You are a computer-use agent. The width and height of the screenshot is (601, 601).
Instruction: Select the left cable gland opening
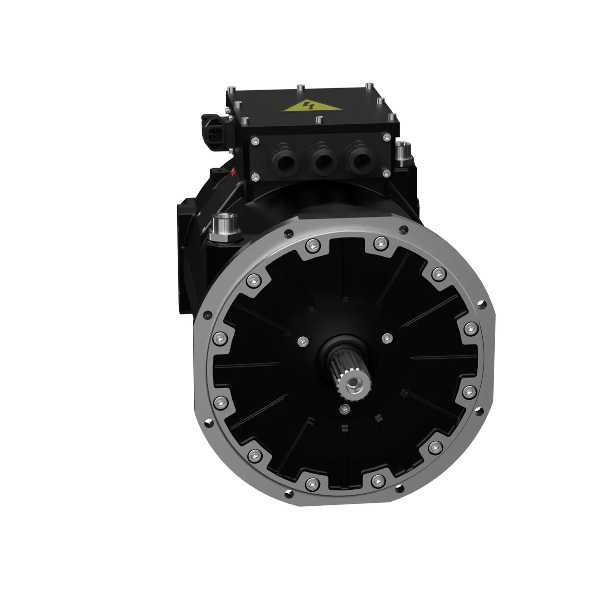point(285,161)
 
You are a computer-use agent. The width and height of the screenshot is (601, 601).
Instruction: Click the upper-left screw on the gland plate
point(255,141)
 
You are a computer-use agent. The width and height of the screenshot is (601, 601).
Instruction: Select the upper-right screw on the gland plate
point(386,137)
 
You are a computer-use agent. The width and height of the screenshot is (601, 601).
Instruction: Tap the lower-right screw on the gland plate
point(387,172)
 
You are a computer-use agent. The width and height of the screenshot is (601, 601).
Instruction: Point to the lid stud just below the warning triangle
point(319,120)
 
